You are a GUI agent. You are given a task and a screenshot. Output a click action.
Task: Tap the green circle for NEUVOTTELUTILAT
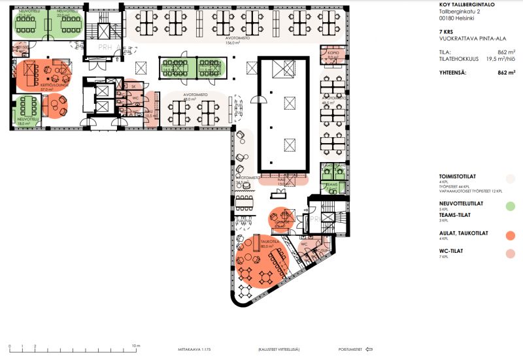click(511, 206)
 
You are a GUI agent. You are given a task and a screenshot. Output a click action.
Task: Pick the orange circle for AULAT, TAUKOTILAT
click(511, 235)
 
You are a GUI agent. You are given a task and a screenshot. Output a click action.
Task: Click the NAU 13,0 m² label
click(282, 182)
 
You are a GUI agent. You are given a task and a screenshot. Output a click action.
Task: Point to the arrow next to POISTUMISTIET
click(369, 349)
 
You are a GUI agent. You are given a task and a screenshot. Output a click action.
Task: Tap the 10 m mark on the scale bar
click(136, 345)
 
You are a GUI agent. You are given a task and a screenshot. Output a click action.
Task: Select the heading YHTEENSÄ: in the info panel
click(452, 73)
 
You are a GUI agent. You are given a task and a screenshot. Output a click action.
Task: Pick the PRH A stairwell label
click(107, 47)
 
